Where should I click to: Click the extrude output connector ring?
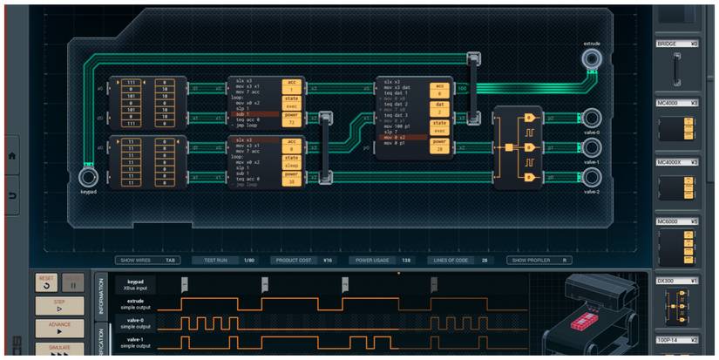pos(592,59)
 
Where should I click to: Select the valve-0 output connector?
pos(591,118)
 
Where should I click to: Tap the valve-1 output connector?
pos(591,146)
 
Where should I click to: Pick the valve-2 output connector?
pos(591,175)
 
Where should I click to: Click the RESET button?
pos(46,282)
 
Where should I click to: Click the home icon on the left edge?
pos(12,155)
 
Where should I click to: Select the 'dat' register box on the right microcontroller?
pos(440,105)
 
